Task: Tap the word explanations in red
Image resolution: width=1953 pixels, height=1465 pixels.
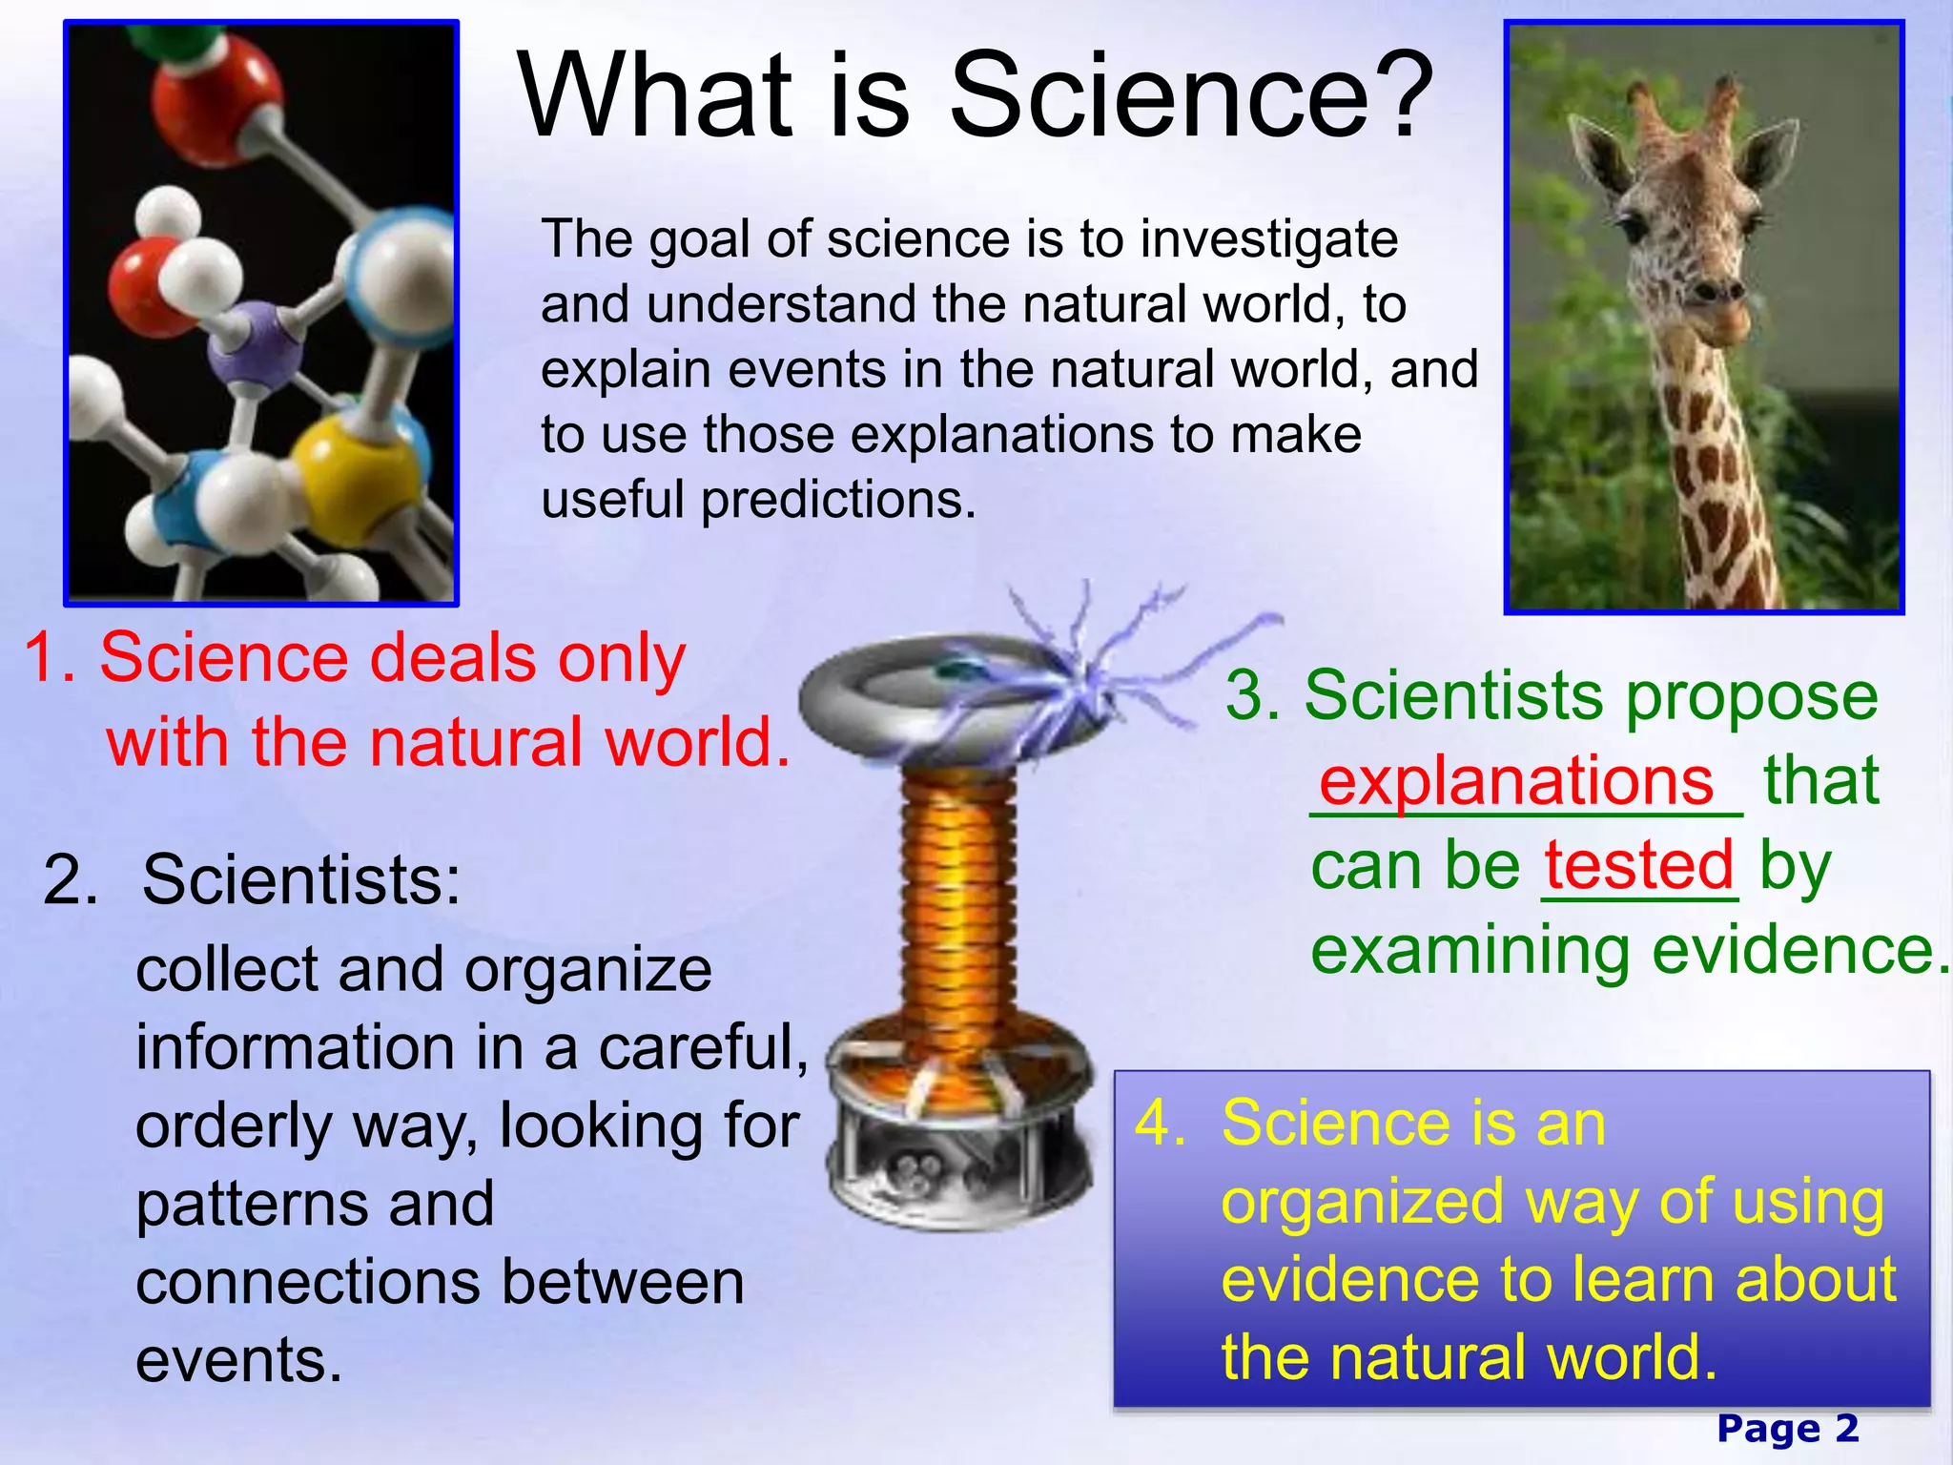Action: pyautogui.click(x=1516, y=781)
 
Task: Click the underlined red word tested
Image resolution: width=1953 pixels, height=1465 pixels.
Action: pyautogui.click(x=1638, y=865)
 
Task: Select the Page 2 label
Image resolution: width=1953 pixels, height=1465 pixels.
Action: pyautogui.click(x=1787, y=1429)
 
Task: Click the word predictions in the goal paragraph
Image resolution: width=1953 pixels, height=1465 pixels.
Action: pyautogui.click(x=838, y=500)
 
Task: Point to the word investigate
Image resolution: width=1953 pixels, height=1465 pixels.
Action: pyautogui.click(x=1268, y=238)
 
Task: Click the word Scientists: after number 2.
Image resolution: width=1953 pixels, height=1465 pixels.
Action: pyautogui.click(x=300, y=879)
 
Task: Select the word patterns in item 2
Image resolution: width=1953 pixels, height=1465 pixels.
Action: pyautogui.click(x=315, y=1203)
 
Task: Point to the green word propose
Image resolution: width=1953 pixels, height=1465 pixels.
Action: pyautogui.click(x=1751, y=696)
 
